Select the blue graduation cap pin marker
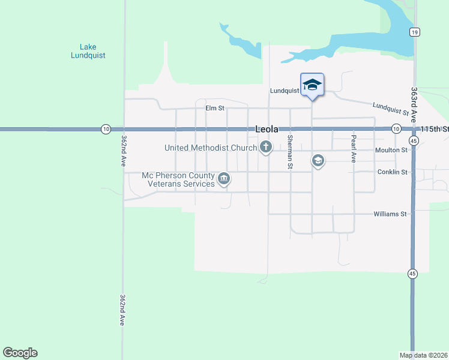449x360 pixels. (312, 85)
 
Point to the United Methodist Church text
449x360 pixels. (211, 148)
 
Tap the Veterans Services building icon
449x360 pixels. (224, 178)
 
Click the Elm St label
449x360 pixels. (214, 109)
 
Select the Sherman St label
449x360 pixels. (290, 152)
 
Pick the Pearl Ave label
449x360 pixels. (354, 149)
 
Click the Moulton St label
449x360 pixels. (391, 150)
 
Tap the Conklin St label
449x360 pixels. (393, 172)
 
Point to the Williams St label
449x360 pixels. (390, 214)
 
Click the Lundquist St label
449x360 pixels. (390, 109)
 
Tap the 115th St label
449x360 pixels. (435, 129)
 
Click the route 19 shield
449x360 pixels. (414, 32)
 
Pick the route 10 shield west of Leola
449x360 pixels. (106, 129)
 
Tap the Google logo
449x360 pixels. (20, 353)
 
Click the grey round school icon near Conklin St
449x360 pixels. (318, 160)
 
